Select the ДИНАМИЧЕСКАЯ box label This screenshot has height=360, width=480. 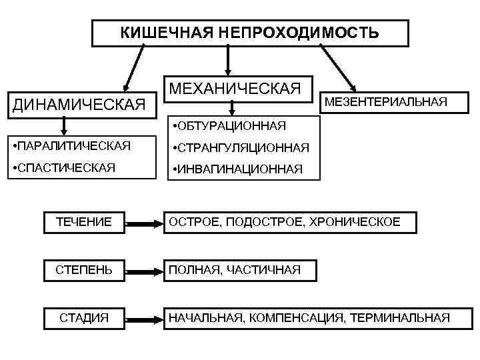pos(76,104)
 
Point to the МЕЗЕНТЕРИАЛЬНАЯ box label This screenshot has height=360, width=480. pos(385,102)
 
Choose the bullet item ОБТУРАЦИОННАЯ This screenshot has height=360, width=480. pos(229,125)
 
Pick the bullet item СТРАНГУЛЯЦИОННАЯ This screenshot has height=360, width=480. pos(241,147)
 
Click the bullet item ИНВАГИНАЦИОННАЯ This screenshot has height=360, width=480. pos(237,169)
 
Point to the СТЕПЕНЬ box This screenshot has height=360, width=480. pos(84,270)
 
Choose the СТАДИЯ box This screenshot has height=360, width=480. pos(84,317)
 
